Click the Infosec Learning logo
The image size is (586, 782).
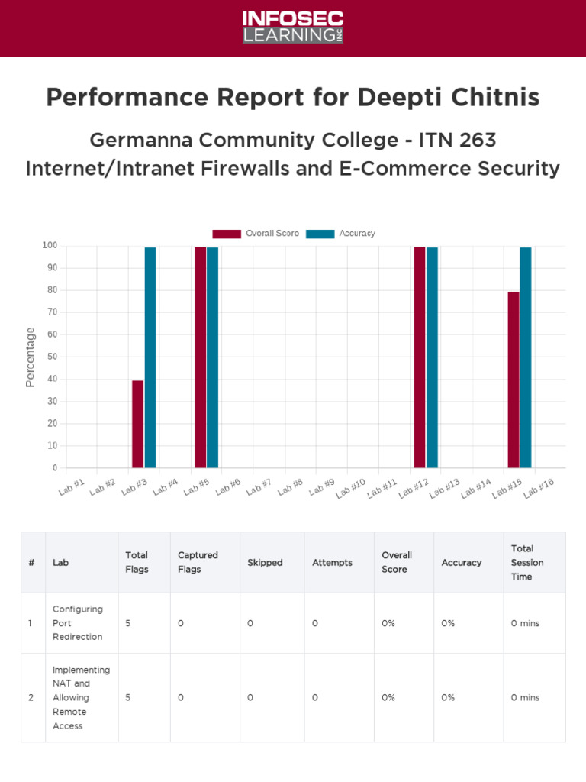pyautogui.click(x=293, y=27)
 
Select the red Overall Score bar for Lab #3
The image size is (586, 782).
pyautogui.click(x=137, y=424)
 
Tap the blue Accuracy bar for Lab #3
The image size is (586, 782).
pyautogui.click(x=150, y=357)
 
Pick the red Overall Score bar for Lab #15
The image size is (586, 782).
pyautogui.click(x=514, y=380)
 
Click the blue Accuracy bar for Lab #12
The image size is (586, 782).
pyautogui.click(x=432, y=357)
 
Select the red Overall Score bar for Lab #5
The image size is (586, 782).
pyautogui.click(x=200, y=357)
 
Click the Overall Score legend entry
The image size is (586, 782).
pyautogui.click(x=256, y=234)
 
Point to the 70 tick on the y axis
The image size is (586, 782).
pyautogui.click(x=51, y=312)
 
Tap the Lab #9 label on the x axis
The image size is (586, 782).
pyautogui.click(x=323, y=486)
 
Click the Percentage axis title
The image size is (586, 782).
pyautogui.click(x=31, y=357)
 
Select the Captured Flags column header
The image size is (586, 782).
pyautogui.click(x=198, y=562)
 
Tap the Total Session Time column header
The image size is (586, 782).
pyautogui.click(x=527, y=562)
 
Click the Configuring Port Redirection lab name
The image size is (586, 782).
pyautogui.click(x=77, y=623)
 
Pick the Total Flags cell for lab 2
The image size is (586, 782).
pyautogui.click(x=128, y=697)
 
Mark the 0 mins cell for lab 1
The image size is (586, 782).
pyautogui.click(x=525, y=623)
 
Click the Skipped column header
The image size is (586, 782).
pyautogui.click(x=265, y=563)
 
